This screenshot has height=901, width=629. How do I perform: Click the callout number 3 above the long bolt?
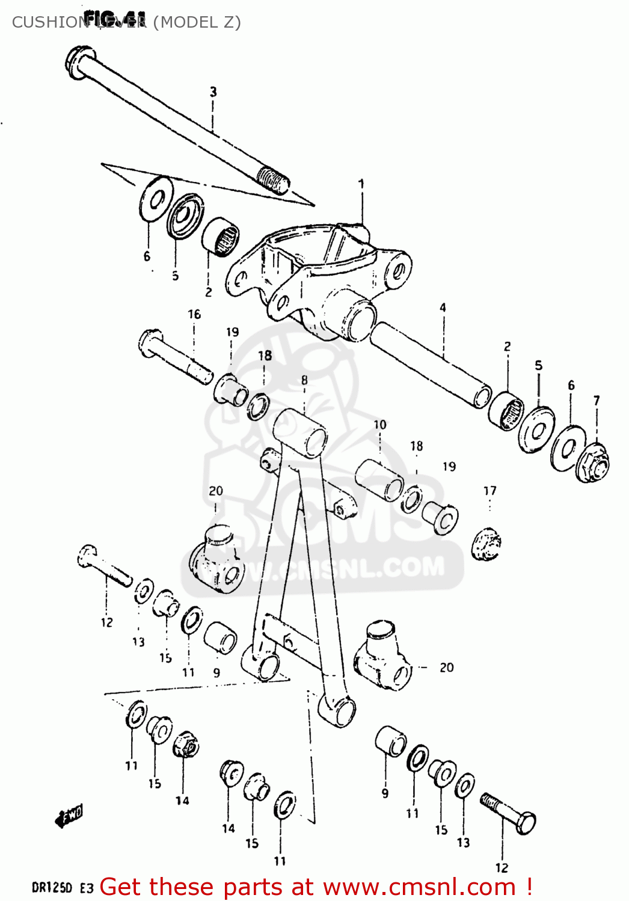213,92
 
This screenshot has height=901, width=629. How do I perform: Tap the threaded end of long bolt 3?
273,180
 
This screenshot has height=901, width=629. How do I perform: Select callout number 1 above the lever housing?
361,184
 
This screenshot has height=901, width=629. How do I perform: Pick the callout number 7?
597,400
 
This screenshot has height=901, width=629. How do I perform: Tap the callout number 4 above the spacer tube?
443,308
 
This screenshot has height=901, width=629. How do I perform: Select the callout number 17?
490,491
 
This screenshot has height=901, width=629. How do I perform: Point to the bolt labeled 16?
174,357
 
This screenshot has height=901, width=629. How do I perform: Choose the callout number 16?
194,314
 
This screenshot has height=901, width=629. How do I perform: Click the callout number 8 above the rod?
304,380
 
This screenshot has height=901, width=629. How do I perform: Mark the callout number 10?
380,425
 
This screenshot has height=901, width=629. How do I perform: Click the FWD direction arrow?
69,816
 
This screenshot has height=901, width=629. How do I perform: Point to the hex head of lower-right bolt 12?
525,823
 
